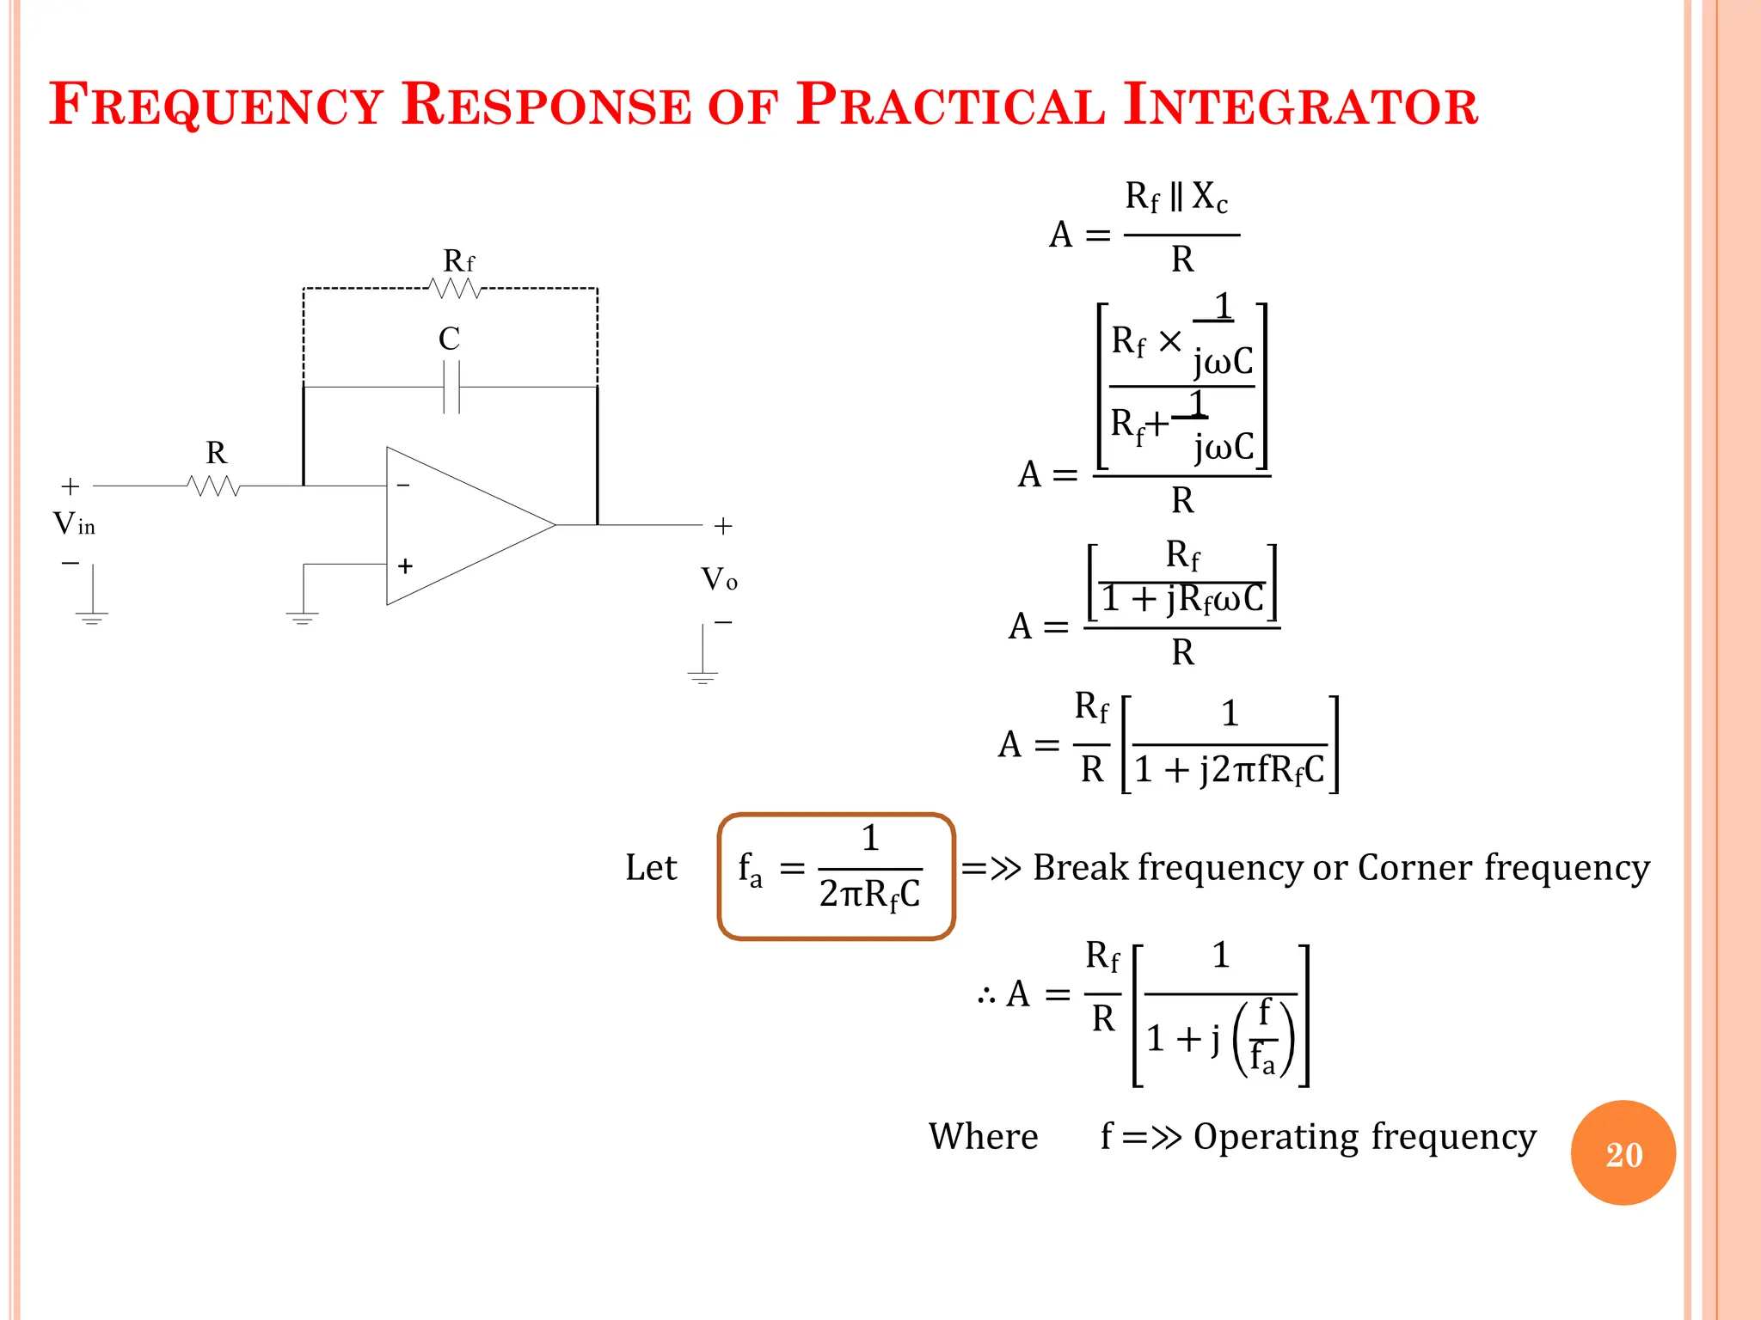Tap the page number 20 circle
coord(1623,1153)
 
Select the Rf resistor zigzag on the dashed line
coord(455,289)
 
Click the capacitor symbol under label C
coord(451,388)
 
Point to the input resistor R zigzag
coord(213,486)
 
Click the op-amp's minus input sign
coord(403,486)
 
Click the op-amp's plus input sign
coord(405,565)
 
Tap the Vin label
coord(74,523)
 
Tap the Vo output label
coord(719,579)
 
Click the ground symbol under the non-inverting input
coord(302,617)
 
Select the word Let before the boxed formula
coord(651,867)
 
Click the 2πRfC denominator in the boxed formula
coord(869,895)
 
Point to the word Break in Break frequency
coord(1080,867)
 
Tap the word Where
coord(983,1136)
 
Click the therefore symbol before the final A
coord(986,996)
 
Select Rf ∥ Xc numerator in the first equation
coord(1176,198)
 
